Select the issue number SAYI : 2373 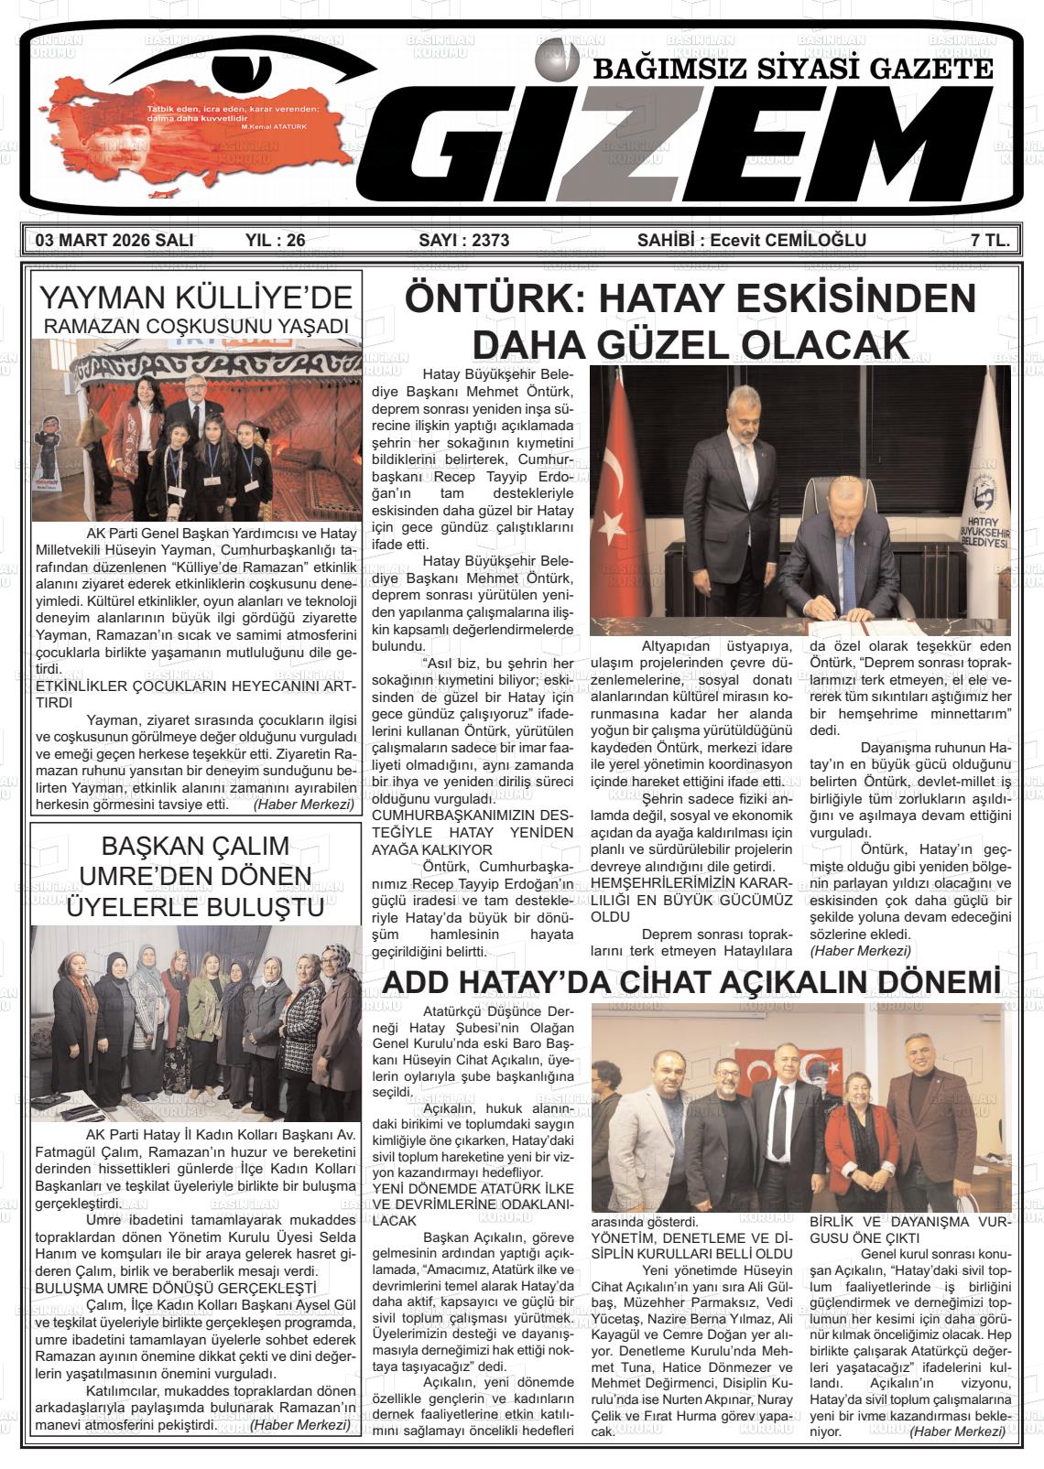(x=463, y=241)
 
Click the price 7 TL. (x=990, y=241)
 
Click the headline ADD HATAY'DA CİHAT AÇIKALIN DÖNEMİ (x=691, y=982)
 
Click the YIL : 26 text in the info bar (x=276, y=241)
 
